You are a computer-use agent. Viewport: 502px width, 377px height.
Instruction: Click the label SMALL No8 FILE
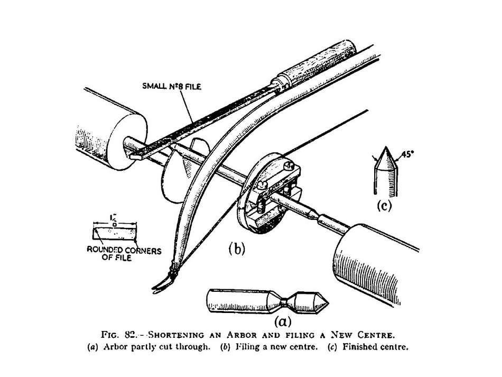(x=172, y=86)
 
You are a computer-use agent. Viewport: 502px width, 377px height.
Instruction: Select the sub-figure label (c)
(x=384, y=206)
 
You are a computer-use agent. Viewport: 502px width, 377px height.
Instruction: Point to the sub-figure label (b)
(x=237, y=249)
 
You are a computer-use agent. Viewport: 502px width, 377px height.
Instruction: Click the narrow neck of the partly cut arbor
(x=283, y=301)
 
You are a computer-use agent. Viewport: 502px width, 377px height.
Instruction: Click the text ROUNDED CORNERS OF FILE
(x=124, y=254)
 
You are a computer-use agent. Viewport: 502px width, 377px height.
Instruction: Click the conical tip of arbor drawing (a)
(x=321, y=302)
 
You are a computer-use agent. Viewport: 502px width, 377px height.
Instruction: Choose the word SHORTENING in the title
(x=176, y=335)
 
